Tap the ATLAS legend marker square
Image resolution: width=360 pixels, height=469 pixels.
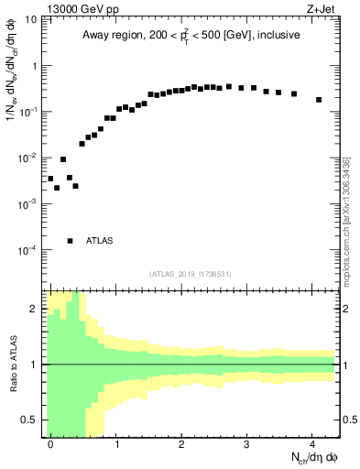70,241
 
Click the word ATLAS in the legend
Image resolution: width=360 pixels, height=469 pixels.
99,241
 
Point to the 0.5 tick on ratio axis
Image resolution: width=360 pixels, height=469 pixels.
34,420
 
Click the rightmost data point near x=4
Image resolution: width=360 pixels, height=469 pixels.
319,100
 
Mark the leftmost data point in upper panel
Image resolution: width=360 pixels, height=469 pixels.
50,179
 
